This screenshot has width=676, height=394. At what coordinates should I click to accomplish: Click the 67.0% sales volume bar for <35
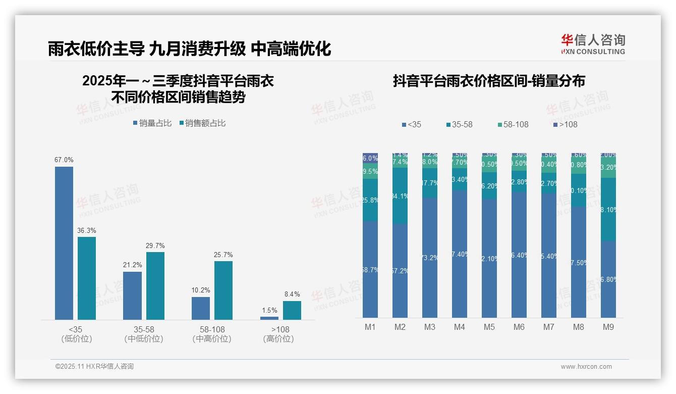[64, 243]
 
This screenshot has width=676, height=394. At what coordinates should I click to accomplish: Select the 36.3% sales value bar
[87, 278]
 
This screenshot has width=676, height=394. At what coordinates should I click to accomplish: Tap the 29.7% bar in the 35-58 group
[155, 285]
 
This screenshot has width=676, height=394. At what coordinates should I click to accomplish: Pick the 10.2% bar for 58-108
[201, 308]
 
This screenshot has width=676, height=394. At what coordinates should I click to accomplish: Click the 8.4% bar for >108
[292, 310]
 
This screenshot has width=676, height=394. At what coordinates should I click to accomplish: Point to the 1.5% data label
[269, 310]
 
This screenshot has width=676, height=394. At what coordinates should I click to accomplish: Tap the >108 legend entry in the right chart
[565, 124]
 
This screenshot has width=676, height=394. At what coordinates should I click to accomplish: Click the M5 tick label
[489, 327]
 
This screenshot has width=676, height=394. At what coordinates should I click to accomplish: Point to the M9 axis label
[608, 327]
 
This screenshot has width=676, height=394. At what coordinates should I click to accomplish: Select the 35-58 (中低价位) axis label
[144, 334]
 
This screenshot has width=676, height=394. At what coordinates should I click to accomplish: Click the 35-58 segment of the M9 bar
[608, 209]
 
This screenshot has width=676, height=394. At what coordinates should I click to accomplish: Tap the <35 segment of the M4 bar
[460, 254]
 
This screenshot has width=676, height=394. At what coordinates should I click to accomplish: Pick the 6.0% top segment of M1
[370, 158]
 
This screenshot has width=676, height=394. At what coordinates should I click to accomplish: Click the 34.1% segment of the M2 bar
[400, 196]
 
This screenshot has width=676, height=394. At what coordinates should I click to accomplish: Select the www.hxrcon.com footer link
[586, 367]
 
